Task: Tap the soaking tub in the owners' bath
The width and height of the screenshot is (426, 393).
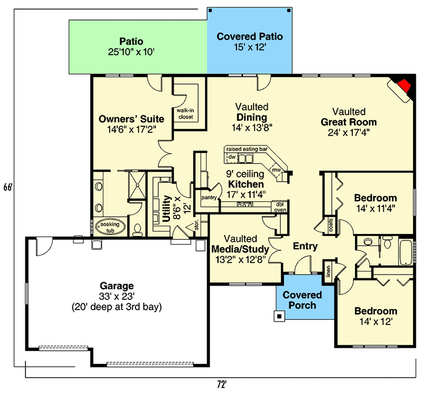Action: pyautogui.click(x=109, y=227)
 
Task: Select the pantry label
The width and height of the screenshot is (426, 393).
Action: pyautogui.click(x=208, y=197)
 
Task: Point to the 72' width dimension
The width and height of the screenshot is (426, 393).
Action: pyautogui.click(x=221, y=384)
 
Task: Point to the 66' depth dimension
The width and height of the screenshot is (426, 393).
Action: pyautogui.click(x=7, y=188)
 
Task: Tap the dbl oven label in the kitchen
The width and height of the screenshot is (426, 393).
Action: pyautogui.click(x=279, y=206)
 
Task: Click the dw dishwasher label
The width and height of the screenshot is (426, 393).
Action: pyautogui.click(x=232, y=157)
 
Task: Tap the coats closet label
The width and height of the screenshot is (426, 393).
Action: pyautogui.click(x=331, y=225)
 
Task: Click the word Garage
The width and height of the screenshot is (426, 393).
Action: pyautogui.click(x=116, y=286)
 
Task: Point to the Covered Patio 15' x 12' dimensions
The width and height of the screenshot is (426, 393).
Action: pyautogui.click(x=250, y=48)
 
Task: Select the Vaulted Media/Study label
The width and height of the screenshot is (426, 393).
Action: pyautogui.click(x=240, y=244)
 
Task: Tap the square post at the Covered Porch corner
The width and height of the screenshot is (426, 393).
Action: pyautogui.click(x=279, y=316)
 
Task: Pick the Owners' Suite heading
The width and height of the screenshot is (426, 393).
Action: pyautogui.click(x=131, y=119)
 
